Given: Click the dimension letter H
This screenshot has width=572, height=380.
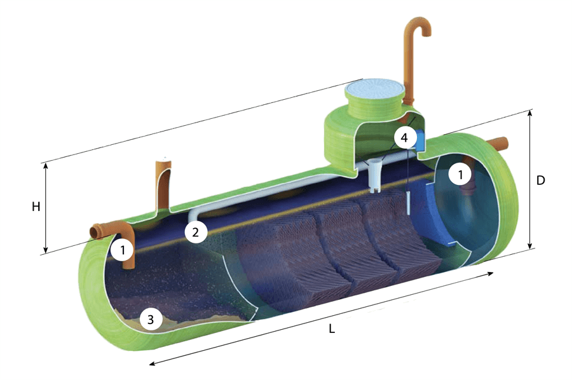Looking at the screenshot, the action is [x=36, y=207].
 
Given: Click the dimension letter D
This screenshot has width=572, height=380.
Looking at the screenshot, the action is [x=540, y=180].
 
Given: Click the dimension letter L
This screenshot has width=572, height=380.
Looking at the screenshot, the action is [x=331, y=329].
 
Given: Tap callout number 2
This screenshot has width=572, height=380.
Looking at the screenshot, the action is [x=196, y=232].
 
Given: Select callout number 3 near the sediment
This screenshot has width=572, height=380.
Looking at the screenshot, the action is [x=150, y=320].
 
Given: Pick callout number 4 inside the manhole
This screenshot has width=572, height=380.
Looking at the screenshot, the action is [x=404, y=138].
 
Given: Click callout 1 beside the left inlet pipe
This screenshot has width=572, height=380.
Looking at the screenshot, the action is [x=123, y=250].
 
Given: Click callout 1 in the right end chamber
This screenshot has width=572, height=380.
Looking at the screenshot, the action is [x=460, y=175].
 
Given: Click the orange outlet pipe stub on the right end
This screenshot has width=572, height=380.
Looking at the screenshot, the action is [x=498, y=142].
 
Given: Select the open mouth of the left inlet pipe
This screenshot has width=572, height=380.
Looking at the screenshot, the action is [x=95, y=232].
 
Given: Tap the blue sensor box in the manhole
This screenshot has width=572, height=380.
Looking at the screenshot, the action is [x=420, y=140].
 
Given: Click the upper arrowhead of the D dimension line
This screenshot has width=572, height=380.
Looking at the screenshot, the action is [x=531, y=113].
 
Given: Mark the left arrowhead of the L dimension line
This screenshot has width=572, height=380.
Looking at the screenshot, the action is [x=153, y=362].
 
